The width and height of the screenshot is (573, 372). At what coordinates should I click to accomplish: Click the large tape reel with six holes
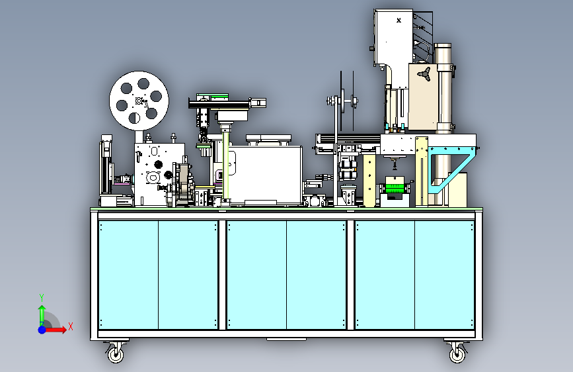139,101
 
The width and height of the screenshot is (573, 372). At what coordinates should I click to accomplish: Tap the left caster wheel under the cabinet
116,353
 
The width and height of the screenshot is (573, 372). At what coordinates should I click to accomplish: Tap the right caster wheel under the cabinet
457,353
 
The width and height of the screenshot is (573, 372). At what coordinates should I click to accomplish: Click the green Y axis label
42,297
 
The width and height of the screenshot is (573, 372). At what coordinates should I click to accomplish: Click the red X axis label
71,326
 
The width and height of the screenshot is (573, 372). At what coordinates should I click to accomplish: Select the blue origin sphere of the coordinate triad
42,330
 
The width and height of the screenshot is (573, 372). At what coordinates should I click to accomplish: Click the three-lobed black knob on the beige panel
424,73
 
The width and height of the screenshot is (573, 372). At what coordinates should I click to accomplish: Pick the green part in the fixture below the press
395,188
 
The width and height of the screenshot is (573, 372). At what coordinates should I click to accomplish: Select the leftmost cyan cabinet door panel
128,275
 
